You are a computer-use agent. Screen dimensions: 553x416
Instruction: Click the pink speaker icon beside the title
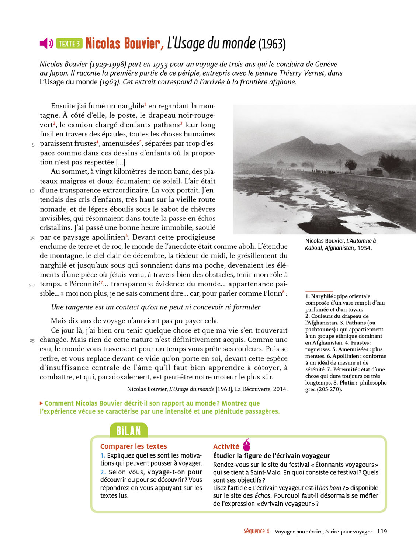46,44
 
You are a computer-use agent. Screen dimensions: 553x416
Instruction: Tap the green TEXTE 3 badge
69,44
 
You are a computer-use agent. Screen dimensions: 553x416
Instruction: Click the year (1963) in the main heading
272,44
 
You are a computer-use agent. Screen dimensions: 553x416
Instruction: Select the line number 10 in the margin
32,191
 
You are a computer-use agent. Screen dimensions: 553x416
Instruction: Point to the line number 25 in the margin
32,340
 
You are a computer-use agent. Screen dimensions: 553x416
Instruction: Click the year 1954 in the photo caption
364,248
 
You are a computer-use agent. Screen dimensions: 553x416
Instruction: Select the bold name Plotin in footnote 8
347,383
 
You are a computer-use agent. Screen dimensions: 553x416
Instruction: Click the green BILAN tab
129,431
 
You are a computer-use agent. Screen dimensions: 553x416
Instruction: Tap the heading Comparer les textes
134,446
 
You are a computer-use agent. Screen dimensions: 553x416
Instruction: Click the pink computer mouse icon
247,445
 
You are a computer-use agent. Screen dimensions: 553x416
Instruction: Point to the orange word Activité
226,446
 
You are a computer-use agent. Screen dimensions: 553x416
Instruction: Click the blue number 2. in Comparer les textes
103,472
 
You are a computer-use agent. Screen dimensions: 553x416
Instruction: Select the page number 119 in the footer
382,531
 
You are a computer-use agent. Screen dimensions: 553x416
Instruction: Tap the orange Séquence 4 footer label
256,531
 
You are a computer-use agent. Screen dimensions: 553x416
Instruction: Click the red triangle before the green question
41,403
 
